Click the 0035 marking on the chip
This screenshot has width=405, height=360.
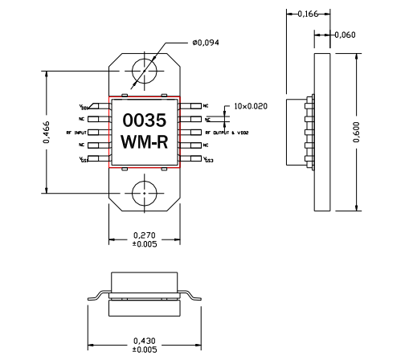(144, 121)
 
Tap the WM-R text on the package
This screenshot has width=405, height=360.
(144, 144)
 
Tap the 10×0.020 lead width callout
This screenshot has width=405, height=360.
(251, 105)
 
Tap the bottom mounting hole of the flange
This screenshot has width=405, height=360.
(145, 194)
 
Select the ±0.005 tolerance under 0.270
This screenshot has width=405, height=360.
(144, 244)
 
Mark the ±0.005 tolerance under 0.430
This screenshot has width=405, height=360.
(144, 349)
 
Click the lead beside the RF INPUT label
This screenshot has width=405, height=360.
(104, 132)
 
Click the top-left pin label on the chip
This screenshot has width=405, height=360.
(84, 106)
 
